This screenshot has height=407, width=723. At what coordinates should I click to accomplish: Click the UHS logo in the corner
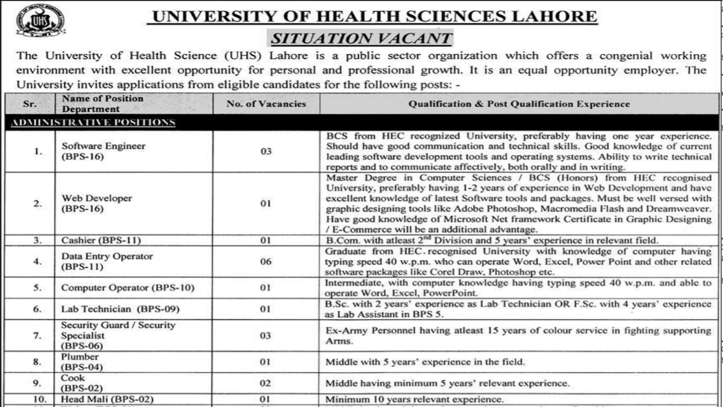pyautogui.click(x=40, y=20)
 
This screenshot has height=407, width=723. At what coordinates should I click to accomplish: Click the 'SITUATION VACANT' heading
pyautogui.click(x=361, y=38)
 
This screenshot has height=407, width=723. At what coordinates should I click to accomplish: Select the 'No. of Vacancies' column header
pyautogui.click(x=266, y=103)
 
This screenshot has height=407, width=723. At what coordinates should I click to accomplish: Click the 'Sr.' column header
pyautogui.click(x=30, y=103)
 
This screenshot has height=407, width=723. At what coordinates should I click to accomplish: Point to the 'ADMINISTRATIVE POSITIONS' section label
pyautogui.click(x=93, y=123)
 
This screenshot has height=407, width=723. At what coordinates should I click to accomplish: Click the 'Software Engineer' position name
pyautogui.click(x=103, y=146)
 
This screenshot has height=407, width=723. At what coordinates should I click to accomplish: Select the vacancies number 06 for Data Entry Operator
pyautogui.click(x=266, y=262)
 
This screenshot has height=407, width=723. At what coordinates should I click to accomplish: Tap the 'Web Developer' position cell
pyautogui.click(x=97, y=198)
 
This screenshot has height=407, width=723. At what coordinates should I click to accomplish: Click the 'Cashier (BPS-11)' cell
pyautogui.click(x=101, y=240)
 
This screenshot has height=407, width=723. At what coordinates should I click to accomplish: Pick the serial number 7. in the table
pyautogui.click(x=37, y=335)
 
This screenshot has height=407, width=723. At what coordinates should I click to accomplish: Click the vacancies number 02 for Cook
pyautogui.click(x=266, y=383)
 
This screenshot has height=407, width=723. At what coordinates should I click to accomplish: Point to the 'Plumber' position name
pyautogui.click(x=80, y=357)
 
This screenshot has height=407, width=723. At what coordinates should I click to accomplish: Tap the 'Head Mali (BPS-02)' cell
pyautogui.click(x=107, y=399)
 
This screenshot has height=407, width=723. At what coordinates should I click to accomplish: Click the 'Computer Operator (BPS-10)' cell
pyautogui.click(x=128, y=288)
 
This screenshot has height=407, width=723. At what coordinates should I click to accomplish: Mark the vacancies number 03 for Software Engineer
pyautogui.click(x=266, y=151)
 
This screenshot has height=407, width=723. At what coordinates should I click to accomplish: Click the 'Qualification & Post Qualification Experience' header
pyautogui.click(x=519, y=103)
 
